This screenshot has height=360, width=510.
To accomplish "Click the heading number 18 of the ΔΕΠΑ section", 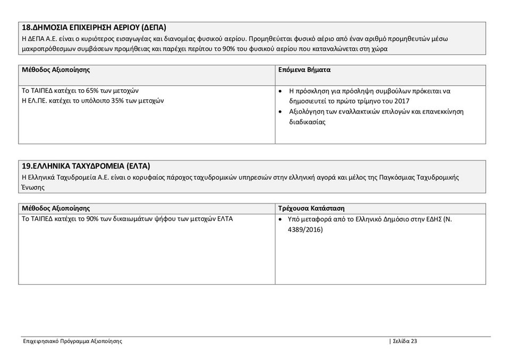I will click(x=27, y=27).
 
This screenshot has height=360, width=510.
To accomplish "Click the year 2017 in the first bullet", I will click(x=402, y=101).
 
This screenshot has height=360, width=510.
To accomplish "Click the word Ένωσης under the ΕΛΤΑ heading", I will click(x=33, y=187).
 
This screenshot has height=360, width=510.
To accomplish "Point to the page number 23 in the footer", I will click(x=413, y=341).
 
